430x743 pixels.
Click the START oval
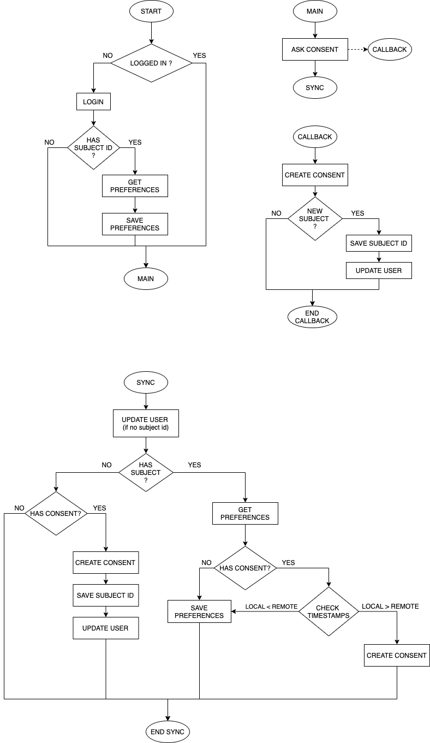151,11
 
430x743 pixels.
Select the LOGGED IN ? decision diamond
151,63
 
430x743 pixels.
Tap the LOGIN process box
93,102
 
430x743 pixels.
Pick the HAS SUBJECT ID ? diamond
93,147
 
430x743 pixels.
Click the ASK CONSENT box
315,49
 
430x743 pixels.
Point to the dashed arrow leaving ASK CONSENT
357,49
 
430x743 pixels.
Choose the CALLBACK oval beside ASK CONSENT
390,49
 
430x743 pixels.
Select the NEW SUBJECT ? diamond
315,218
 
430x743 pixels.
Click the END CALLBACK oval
312,317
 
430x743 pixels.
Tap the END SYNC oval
168,732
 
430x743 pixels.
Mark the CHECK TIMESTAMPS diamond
327,611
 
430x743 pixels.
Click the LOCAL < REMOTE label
271,607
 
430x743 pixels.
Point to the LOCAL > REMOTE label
390,607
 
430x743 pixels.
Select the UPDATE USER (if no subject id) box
146,424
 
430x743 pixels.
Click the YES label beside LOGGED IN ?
200,56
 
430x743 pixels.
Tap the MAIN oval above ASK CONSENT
315,11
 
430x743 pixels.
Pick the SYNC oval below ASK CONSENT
315,87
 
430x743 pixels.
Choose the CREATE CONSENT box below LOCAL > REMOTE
397,655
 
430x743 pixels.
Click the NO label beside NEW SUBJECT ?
277,213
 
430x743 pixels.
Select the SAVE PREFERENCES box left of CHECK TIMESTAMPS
199,611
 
